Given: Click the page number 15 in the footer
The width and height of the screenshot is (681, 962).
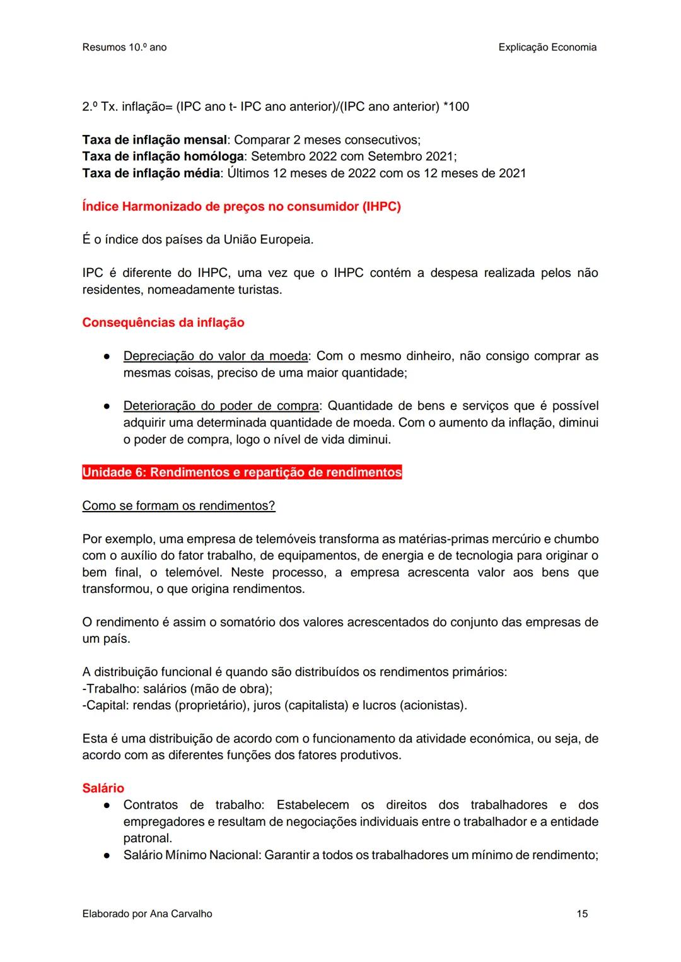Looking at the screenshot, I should click(582, 913).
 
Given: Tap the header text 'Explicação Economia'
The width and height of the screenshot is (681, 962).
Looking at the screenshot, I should click(547, 47).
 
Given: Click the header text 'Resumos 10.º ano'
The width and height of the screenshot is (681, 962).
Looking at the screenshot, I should click(124, 47).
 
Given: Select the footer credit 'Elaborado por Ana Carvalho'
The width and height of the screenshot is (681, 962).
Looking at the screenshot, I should click(147, 913).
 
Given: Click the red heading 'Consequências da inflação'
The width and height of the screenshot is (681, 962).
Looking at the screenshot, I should click(163, 322).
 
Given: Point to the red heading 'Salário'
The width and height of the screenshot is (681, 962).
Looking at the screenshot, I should click(103, 788).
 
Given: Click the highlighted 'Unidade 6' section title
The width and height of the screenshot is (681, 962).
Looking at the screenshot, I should click(242, 472).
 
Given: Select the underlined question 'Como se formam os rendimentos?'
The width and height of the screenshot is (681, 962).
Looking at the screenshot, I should click(178, 506).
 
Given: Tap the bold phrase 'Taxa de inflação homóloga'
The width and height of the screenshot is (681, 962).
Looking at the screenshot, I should click(163, 156).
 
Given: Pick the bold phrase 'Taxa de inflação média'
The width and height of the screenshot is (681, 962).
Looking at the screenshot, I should click(151, 173).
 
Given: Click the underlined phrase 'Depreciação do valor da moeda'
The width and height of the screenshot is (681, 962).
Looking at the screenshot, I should click(216, 356).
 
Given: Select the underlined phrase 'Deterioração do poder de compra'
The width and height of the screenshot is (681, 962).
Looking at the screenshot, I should click(221, 406).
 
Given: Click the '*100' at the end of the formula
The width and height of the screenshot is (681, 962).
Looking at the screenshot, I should click(456, 107).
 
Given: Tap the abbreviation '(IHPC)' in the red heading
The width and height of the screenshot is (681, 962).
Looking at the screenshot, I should click(381, 207).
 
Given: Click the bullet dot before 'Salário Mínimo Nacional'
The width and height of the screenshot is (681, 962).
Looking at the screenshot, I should click(108, 855).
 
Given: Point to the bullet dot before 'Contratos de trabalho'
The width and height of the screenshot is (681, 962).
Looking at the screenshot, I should click(108, 806).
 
